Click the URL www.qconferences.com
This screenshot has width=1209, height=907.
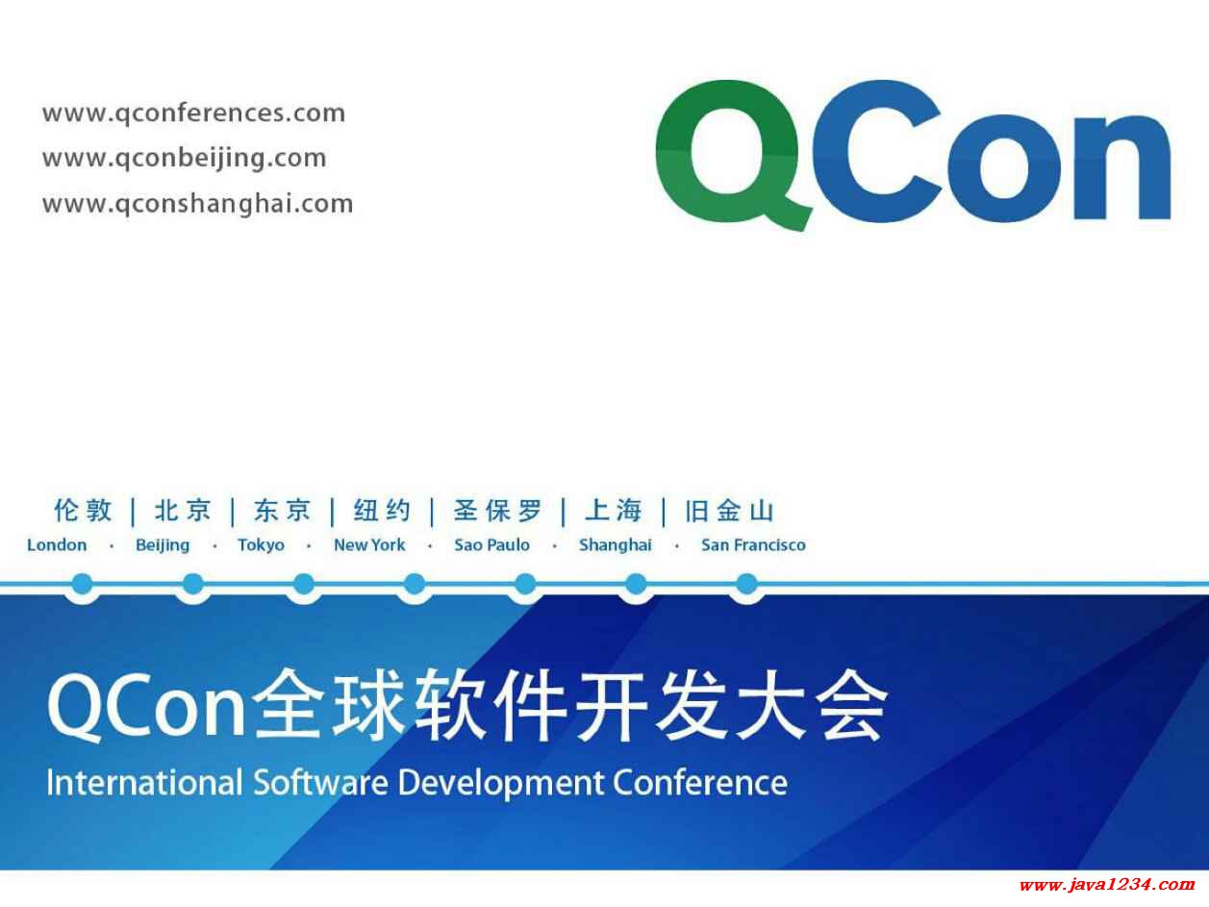194,113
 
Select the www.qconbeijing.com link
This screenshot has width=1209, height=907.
185,159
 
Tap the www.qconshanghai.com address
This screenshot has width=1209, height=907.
198,204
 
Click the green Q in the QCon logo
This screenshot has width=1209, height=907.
734,155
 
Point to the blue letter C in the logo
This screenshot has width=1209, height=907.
876,151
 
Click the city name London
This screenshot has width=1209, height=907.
57,545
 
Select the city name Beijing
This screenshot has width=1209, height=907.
163,545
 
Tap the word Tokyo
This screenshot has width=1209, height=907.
261,545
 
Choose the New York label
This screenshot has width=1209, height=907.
369,545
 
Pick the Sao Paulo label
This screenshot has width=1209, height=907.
491,545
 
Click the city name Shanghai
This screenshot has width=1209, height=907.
616,545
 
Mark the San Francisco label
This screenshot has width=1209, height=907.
753,545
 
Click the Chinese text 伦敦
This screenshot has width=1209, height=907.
83,511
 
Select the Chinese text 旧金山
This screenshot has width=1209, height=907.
730,511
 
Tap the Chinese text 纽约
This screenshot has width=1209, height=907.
382,511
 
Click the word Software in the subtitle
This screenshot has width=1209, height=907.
320,783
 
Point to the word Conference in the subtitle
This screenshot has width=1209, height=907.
700,783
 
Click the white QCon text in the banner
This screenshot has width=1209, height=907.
146,707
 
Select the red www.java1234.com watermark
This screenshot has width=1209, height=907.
1106,885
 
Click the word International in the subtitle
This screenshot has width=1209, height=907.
144,783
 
